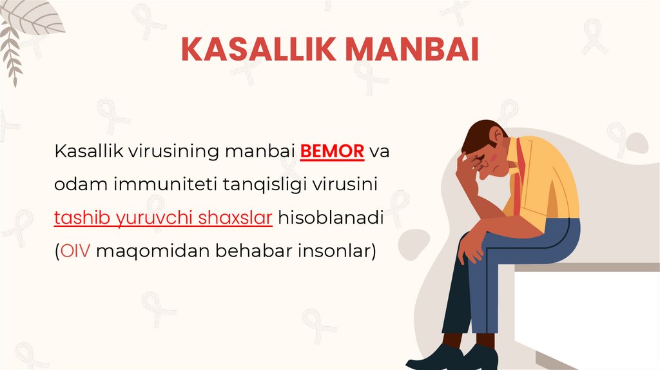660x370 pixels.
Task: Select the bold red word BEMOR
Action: point(333,152)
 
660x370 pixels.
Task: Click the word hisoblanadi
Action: point(331,219)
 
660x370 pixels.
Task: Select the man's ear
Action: point(496,137)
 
